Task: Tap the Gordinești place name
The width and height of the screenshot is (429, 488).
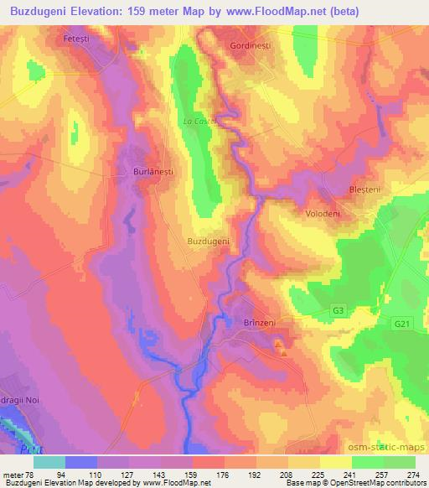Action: pos(251,46)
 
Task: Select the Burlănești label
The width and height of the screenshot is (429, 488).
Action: pos(153,170)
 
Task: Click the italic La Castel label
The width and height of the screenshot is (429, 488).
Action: pos(201,121)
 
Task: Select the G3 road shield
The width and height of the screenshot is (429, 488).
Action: pos(338,311)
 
